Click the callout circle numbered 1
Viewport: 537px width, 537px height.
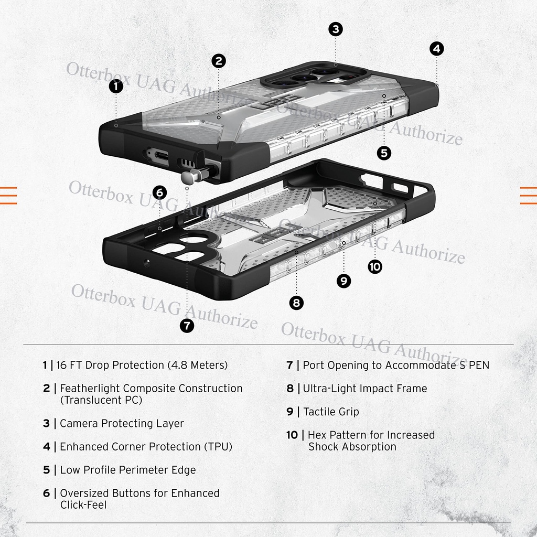pyautogui.click(x=116, y=87)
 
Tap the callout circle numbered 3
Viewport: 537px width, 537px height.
pyautogui.click(x=336, y=29)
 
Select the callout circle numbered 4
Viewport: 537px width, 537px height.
pyautogui.click(x=436, y=49)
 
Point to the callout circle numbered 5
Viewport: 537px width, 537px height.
pyautogui.click(x=384, y=153)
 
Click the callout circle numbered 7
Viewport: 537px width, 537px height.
pyautogui.click(x=187, y=326)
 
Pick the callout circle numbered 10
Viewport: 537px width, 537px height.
pyautogui.click(x=374, y=266)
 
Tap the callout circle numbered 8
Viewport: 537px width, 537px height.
pyautogui.click(x=296, y=303)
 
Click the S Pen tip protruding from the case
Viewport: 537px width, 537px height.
pyautogui.click(x=190, y=177)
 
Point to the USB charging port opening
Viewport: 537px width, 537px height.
pyautogui.click(x=157, y=155)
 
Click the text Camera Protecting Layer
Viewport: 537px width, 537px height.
pyautogui.click(x=122, y=423)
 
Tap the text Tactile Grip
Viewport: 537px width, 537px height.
pyautogui.click(x=331, y=412)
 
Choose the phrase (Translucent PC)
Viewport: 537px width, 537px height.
pyautogui.click(x=101, y=400)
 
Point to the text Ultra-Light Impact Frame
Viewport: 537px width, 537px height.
pyautogui.click(x=365, y=389)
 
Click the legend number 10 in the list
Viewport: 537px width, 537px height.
pyautogui.click(x=292, y=435)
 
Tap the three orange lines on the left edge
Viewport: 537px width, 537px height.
pyautogui.click(x=8, y=195)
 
